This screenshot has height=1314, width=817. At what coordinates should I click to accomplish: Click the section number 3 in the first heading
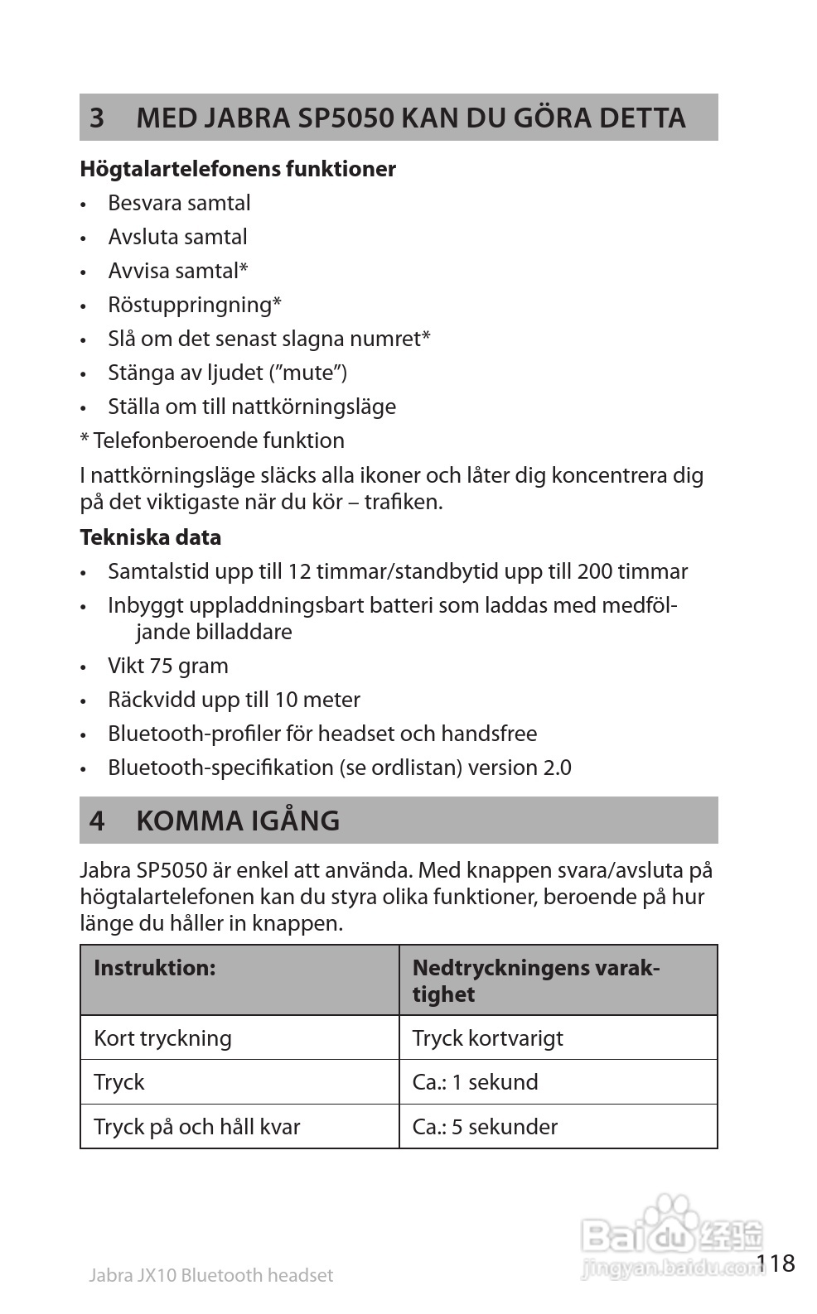97,118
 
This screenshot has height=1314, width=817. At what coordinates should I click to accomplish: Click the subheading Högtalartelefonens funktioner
238,169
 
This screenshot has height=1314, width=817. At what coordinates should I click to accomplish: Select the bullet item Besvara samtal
179,203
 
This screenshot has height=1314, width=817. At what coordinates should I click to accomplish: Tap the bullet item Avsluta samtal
177,237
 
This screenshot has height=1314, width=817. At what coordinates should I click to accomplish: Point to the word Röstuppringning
191,305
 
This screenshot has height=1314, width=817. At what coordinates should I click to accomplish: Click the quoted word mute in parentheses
308,373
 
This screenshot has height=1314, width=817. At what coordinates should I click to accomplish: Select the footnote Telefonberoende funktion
218,440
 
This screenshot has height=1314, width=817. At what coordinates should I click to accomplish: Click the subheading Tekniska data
151,537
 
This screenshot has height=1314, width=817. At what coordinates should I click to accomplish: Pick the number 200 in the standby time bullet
595,571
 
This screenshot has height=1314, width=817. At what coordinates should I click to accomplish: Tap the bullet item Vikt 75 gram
168,666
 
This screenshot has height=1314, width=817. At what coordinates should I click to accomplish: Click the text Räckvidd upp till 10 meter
234,700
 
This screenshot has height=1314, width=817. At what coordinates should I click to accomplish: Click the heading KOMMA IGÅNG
238,821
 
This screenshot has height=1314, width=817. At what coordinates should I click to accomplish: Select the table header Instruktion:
155,968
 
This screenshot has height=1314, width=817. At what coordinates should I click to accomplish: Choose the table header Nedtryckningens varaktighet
536,980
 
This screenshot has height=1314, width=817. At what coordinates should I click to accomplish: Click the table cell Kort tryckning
162,1038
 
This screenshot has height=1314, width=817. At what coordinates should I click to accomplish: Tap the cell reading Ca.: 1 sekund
476,1082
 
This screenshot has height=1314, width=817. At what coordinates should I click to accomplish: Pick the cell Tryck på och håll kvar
197,1127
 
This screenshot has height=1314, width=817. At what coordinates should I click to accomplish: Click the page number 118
776,1263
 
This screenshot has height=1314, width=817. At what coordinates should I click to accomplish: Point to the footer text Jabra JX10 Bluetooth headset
210,1275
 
